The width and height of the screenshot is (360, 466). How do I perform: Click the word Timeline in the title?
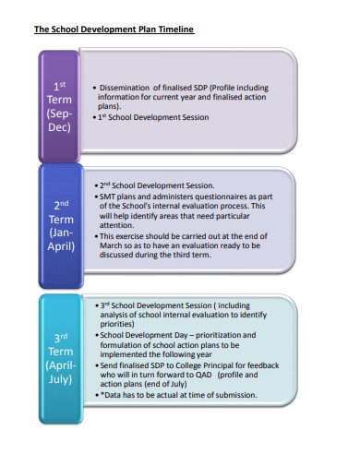pyautogui.click(x=174, y=30)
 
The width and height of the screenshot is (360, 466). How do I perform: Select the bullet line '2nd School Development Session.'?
pyautogui.click(x=156, y=185)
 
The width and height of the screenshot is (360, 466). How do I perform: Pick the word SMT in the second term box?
pyautogui.click(x=108, y=197)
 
